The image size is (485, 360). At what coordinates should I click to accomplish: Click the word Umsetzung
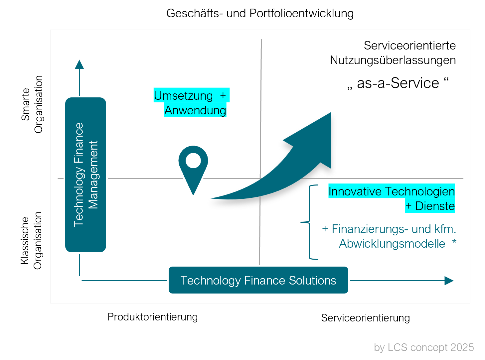[x=183, y=96]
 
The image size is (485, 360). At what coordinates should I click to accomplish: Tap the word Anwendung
[x=195, y=110]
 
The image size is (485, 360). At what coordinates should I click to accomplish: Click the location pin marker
[x=193, y=169]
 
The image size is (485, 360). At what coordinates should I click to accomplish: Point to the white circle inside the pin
[x=193, y=161]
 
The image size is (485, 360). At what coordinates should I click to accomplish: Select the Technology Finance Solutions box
[x=258, y=280]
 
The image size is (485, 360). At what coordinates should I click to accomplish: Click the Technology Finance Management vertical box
[x=85, y=175]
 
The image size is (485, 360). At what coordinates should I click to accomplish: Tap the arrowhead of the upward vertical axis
[x=79, y=64]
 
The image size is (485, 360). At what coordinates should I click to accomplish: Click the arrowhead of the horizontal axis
[x=449, y=281]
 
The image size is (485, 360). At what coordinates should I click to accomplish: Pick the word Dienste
[x=435, y=206]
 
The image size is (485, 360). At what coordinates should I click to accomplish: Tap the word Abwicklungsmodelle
[x=392, y=244]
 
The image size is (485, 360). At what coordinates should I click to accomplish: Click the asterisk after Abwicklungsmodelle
[x=454, y=242]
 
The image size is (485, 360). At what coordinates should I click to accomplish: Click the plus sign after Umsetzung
[x=223, y=95]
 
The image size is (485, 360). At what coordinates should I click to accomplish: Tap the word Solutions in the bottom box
[x=312, y=280]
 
